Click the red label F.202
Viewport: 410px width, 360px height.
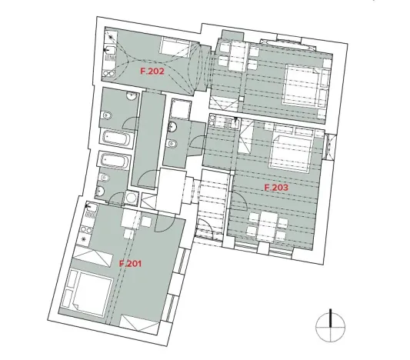pyautogui.click(x=152, y=71)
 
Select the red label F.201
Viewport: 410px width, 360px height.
pyautogui.click(x=130, y=263)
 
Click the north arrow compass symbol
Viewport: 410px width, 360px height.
pyautogui.click(x=329, y=325)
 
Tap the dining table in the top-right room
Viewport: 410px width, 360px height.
pyautogui.click(x=235, y=55)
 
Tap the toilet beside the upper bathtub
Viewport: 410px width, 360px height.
pyautogui.click(x=108, y=116)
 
